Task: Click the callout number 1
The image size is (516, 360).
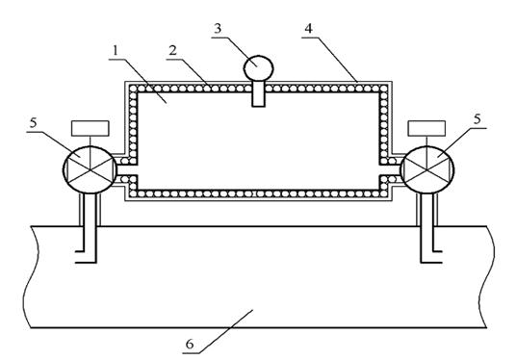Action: [115, 51]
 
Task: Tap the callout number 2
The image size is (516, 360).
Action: [172, 50]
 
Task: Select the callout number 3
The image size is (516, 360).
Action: [218, 29]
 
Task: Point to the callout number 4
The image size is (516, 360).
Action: [308, 29]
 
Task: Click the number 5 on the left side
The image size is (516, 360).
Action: [34, 123]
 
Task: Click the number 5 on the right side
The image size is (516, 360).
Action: [477, 119]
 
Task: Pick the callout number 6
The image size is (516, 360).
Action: [190, 345]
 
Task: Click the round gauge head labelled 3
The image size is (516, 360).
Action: [258, 68]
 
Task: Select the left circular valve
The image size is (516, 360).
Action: [90, 169]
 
